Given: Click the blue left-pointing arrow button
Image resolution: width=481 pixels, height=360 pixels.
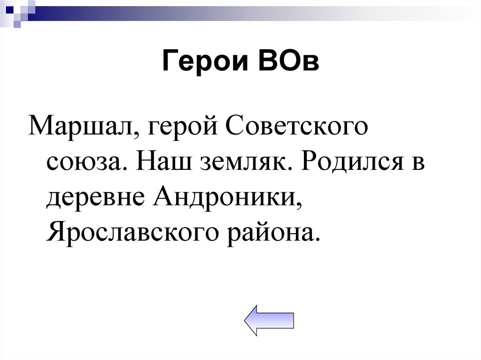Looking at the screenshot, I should [269, 320].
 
